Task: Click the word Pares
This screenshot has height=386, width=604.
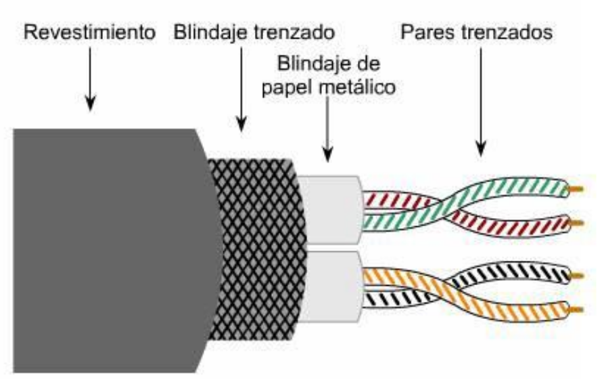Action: [424, 32]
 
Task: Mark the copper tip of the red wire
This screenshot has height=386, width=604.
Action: [579, 223]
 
